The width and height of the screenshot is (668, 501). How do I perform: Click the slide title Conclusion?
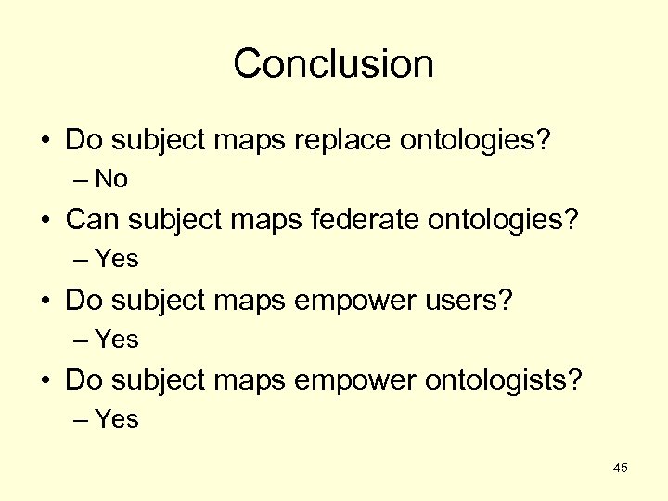tap(333, 64)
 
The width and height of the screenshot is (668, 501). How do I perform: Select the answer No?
tap(111, 179)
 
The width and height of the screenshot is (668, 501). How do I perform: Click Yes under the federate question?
tap(117, 260)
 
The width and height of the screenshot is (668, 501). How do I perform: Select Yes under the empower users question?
tap(117, 340)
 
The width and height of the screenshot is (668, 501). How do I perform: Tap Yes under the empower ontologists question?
tap(117, 419)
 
